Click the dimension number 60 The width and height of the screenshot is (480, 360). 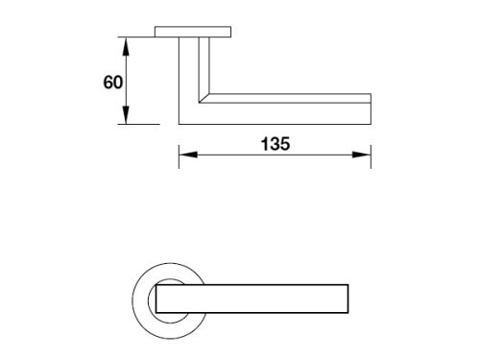(113, 83)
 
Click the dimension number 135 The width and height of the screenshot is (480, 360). (276, 144)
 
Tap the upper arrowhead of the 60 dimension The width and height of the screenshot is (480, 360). (126, 46)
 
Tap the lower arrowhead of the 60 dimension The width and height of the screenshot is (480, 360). (126, 115)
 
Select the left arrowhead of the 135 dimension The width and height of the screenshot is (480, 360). (188, 155)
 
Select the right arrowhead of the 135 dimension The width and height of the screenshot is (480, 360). (362, 155)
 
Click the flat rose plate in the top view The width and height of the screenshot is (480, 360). (193, 32)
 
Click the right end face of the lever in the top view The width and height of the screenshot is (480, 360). (371, 108)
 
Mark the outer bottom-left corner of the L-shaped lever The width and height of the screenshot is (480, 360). (179, 124)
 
